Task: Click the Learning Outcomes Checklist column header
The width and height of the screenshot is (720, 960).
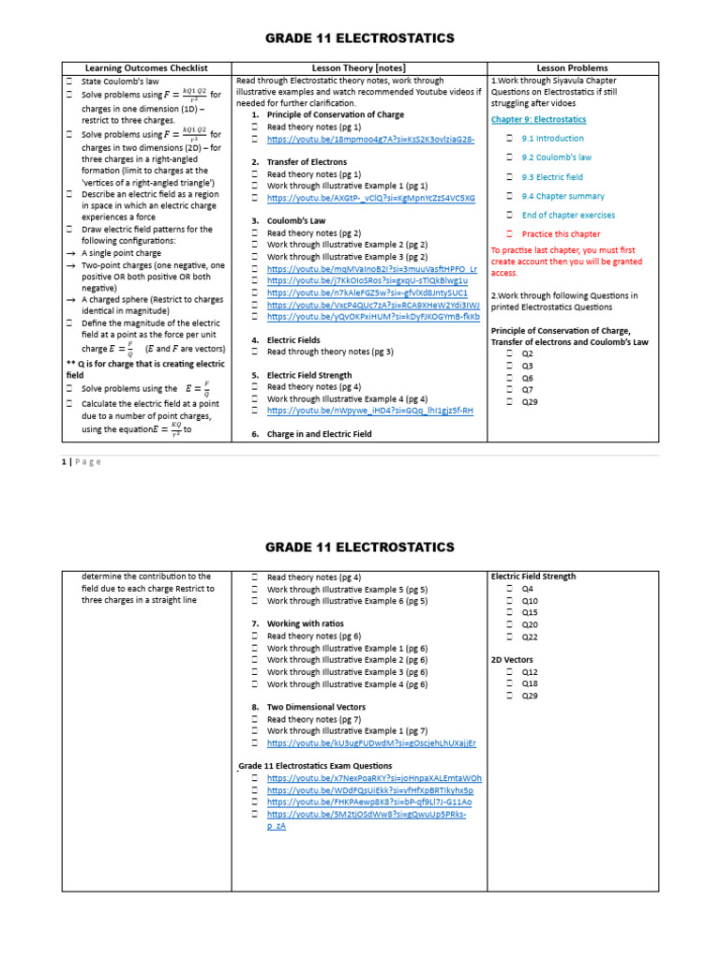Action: pos(146,67)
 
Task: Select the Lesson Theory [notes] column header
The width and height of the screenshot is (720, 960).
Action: pos(359,67)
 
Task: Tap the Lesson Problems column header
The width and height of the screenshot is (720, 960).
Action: pos(572,67)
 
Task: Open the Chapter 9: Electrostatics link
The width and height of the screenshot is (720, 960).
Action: pos(538,120)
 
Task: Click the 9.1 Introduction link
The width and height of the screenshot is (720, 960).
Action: pos(552,139)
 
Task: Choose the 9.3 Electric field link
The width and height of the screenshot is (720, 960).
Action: pos(552,177)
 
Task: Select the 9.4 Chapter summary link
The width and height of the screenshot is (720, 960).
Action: pos(562,196)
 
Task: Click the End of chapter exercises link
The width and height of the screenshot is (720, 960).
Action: pos(568,216)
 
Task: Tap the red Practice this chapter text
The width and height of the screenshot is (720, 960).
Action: pos(561,234)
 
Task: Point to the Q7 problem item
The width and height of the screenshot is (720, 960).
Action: pos(528,389)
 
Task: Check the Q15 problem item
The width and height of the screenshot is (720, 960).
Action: pos(530,612)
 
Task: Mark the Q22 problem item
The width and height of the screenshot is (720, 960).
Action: pos(530,637)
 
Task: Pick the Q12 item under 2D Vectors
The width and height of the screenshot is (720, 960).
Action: pos(530,672)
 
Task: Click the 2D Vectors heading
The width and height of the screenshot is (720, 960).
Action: pos(513,660)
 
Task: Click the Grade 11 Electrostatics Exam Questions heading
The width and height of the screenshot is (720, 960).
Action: pos(315,766)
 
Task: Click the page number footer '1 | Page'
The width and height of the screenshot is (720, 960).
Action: pos(82,461)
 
